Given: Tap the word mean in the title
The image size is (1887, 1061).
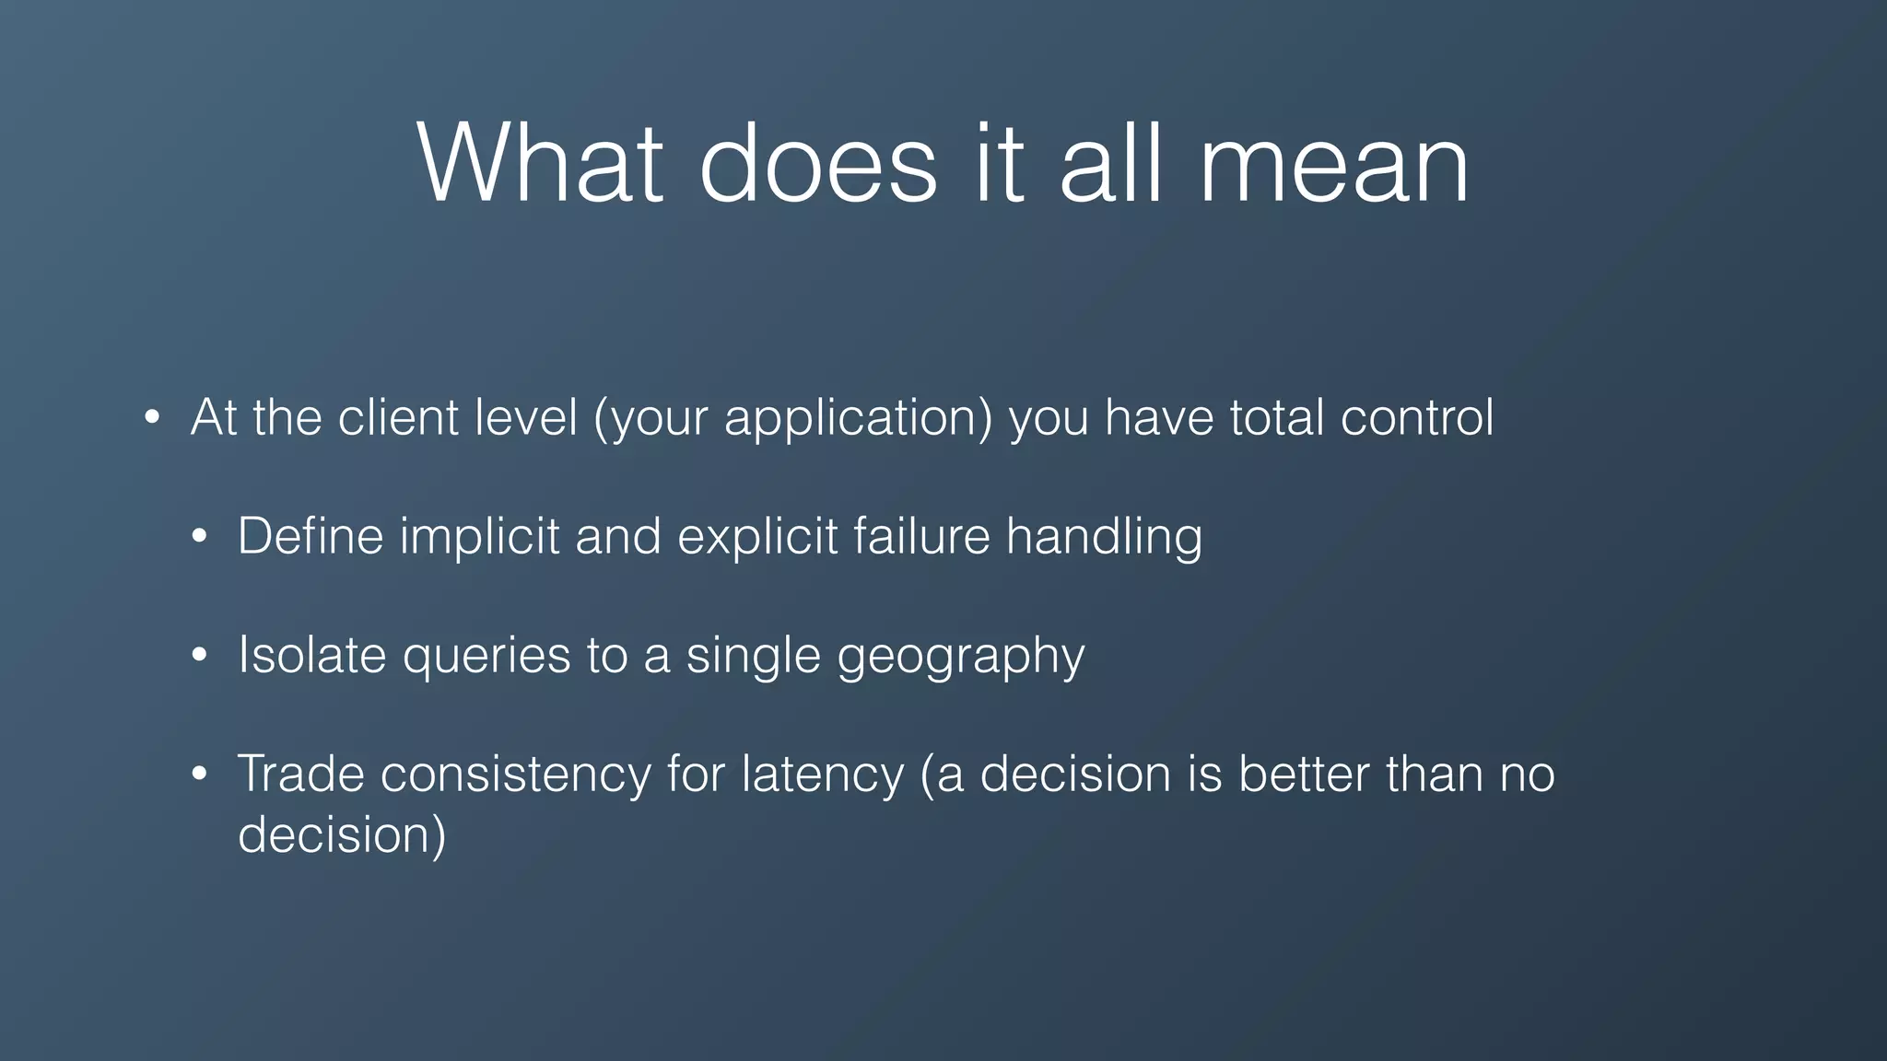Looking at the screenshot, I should click(1333, 166).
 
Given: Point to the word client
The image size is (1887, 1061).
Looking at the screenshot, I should click(398, 417).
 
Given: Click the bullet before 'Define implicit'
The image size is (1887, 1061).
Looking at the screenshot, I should click(200, 538).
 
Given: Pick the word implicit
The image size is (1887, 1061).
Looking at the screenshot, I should click(479, 537).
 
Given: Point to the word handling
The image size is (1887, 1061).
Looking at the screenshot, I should click(1104, 537).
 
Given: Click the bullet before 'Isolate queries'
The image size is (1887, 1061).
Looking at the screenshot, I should click(200, 657).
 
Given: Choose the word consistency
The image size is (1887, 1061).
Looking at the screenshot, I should click(515, 775).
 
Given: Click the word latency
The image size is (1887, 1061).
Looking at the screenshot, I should click(822, 775).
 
